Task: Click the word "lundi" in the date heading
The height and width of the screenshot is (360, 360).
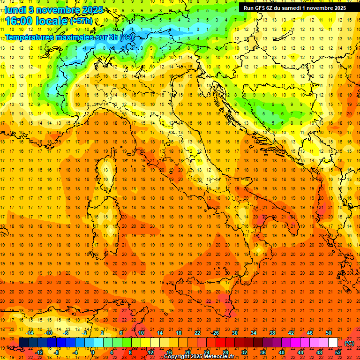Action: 15,9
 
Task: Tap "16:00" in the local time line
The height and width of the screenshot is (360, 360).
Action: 19,21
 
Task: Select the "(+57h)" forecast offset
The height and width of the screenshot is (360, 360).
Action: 81,21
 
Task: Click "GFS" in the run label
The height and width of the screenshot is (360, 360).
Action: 262,7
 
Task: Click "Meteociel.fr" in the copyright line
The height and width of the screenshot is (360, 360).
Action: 220,357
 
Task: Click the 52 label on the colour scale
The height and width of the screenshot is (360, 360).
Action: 338,352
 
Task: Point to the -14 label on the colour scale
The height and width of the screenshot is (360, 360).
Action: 30,333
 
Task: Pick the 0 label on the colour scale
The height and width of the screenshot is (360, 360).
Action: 93,352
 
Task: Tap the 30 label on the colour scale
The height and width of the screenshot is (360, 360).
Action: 234,333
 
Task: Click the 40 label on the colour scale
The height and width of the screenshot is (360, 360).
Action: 281,352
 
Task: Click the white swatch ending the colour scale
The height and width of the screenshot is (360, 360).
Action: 333,343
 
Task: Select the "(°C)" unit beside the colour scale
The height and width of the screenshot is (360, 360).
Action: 349,343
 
